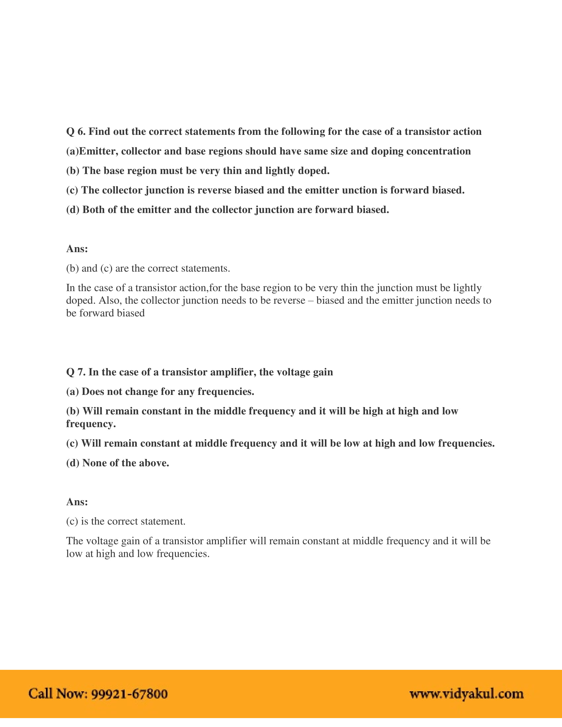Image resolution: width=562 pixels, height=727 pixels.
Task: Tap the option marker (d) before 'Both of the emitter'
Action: tap(73, 210)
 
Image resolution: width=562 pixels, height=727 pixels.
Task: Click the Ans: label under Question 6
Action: tap(77, 249)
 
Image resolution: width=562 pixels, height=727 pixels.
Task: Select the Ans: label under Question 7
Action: tap(77, 502)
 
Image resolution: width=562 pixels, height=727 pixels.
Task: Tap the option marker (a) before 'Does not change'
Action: tap(72, 392)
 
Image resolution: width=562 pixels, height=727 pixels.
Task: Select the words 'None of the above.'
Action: tap(126, 463)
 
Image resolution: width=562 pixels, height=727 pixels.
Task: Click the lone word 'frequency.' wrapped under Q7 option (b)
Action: tap(91, 424)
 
